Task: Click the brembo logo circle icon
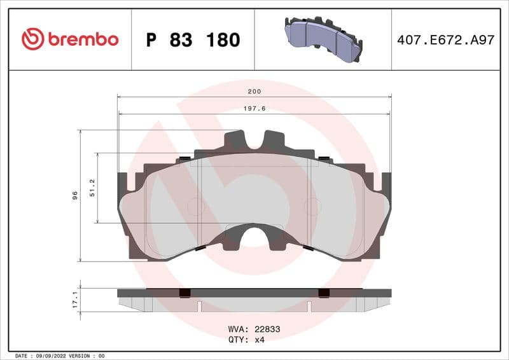[32, 39]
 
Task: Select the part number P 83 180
[193, 40]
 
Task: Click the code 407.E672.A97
[445, 39]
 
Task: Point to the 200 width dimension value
[254, 92]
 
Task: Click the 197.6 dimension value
[254, 109]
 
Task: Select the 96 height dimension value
[74, 195]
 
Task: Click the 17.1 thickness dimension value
[74, 300]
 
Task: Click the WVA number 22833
[267, 329]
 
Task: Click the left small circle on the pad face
[195, 206]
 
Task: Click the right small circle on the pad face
[312, 206]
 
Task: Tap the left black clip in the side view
[185, 293]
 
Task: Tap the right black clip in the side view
[324, 293]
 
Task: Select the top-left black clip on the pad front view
[185, 158]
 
